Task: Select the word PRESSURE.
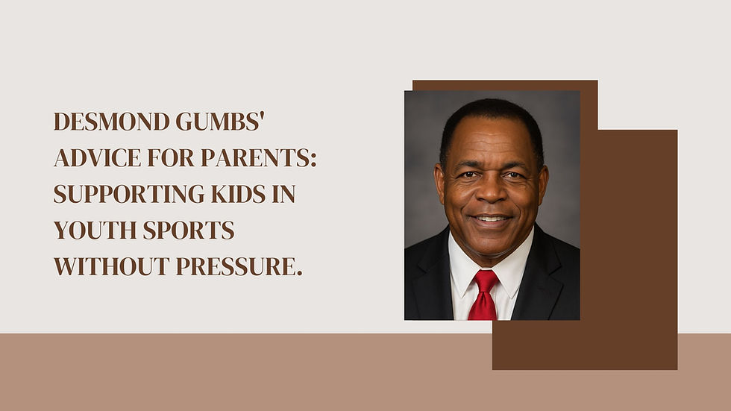[x=239, y=266]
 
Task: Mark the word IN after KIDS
[x=283, y=194]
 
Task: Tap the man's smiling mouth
[x=491, y=219]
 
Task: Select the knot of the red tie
[x=486, y=280]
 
